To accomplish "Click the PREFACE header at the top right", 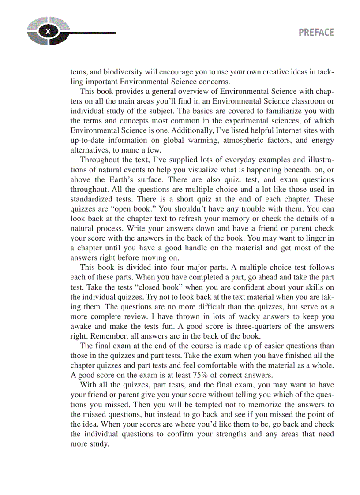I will [316, 33].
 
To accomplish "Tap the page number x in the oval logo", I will [48, 31].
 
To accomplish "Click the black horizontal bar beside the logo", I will [93, 32].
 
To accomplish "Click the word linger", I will [314, 238].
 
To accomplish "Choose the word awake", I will [82, 326].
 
